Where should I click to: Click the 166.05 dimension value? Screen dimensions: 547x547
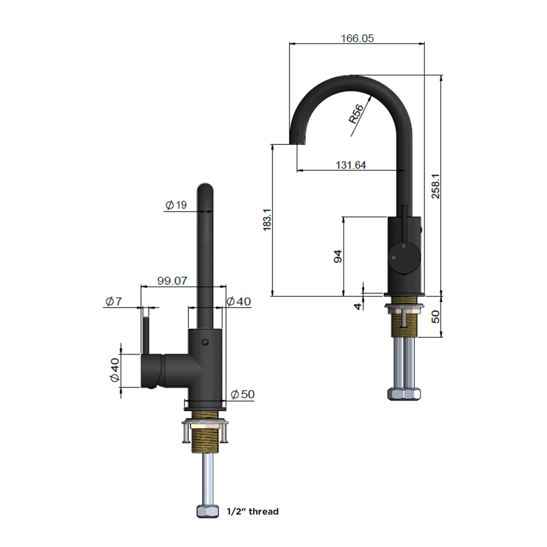pos(357,38)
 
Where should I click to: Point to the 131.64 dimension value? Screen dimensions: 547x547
pos(350,165)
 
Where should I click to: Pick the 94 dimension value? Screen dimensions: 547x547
pos(338,256)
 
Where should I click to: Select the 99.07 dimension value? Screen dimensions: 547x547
pos(172,281)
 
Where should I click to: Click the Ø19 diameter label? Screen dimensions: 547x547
pos(176,205)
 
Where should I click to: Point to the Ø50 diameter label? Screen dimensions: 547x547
pos(242,395)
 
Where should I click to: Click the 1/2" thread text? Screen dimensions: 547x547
pos(252,512)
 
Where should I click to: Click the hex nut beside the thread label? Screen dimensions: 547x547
pos(207,512)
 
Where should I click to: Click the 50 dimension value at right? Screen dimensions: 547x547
pos(436,317)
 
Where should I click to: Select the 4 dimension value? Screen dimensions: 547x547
pos(358,306)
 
